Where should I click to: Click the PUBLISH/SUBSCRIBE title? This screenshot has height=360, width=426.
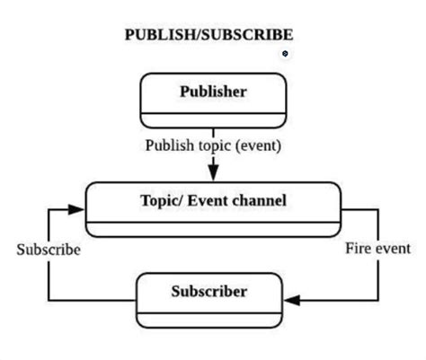tap(209, 35)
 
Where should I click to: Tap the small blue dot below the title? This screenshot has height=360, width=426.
tap(285, 54)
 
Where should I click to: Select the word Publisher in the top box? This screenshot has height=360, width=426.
tap(212, 92)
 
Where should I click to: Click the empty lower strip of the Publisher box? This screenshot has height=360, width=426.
tap(212, 120)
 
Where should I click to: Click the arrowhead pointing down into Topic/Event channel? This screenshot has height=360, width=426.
tap(213, 172)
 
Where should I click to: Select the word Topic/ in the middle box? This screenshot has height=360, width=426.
tap(161, 200)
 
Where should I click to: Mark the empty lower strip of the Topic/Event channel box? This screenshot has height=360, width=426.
tap(213, 228)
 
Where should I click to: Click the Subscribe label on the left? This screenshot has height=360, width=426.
tap(48, 250)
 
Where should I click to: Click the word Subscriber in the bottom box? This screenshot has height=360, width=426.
tap(209, 292)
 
